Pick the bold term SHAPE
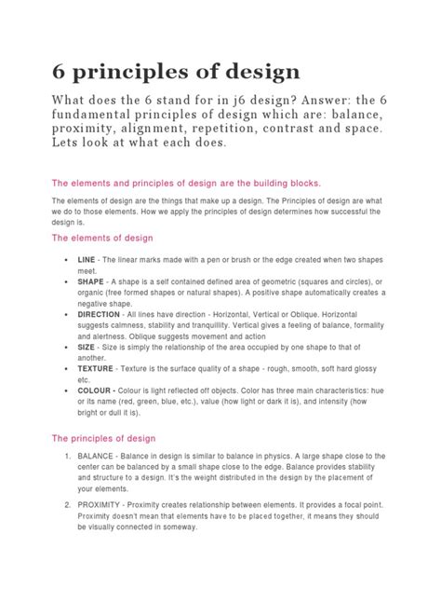click(91, 281)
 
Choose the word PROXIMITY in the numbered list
click(110, 505)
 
